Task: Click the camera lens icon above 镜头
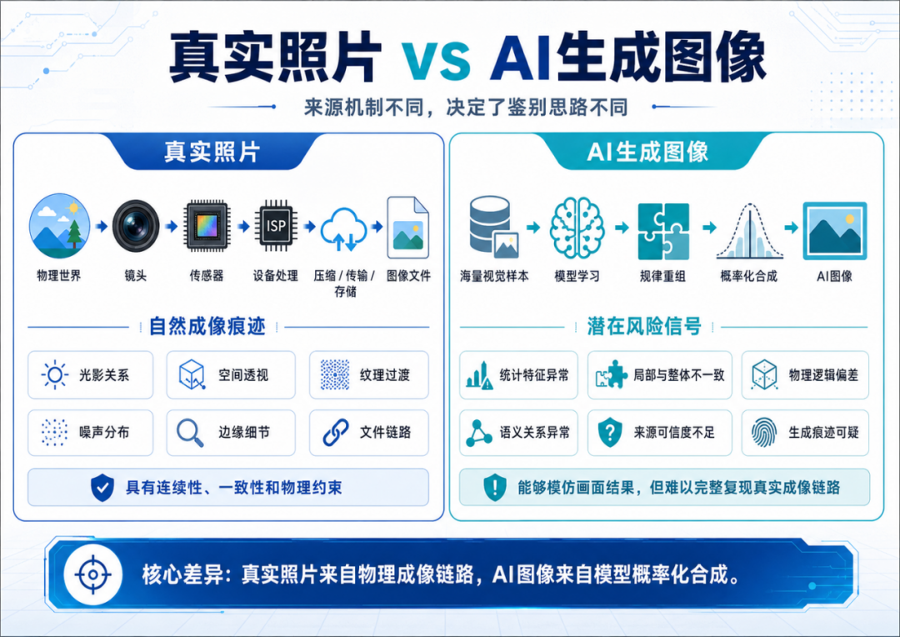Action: tap(136, 225)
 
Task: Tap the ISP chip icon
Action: tap(276, 226)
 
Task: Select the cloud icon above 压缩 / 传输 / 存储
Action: tap(343, 228)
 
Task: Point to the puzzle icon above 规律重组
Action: tap(663, 231)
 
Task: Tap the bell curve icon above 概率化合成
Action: tap(749, 231)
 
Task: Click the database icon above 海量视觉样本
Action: tap(493, 227)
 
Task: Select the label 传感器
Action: tap(207, 276)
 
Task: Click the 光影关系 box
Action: tap(91, 375)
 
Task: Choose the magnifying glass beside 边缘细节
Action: tap(190, 433)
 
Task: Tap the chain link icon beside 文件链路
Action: tap(336, 433)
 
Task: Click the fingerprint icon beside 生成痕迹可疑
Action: tap(764, 433)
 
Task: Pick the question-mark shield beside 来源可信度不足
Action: tap(610, 433)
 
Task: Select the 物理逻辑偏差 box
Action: tap(805, 375)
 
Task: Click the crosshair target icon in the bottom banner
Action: tap(93, 574)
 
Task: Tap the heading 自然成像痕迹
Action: tap(207, 326)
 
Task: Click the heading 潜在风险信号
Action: tap(644, 326)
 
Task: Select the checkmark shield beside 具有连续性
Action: tap(102, 488)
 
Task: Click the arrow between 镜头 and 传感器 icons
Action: tap(171, 226)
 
